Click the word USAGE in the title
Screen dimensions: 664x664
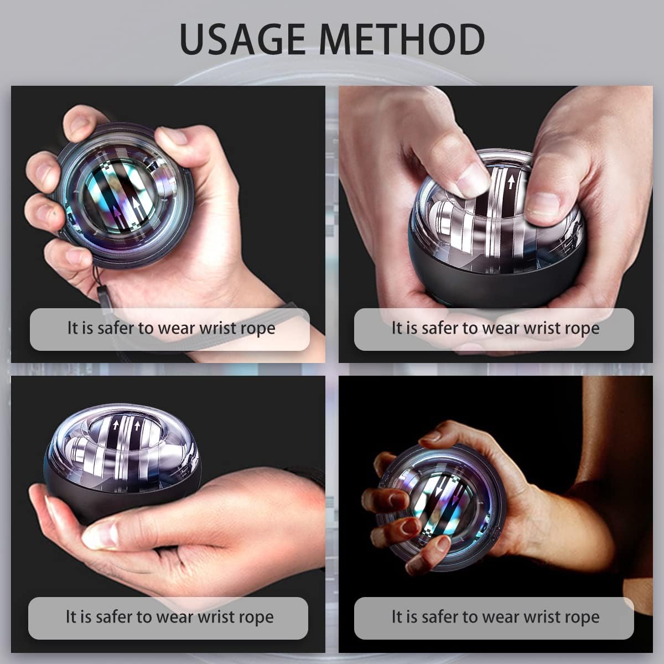[242, 38]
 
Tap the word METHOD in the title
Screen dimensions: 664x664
[402, 38]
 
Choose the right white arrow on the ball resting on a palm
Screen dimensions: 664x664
[137, 426]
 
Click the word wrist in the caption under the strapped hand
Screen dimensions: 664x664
[218, 328]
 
